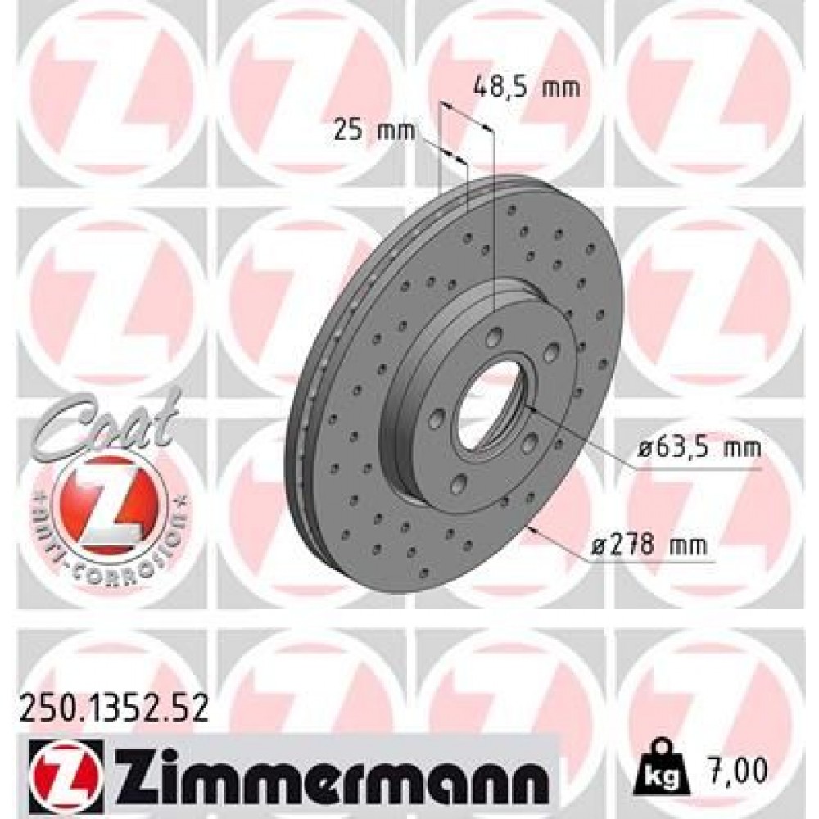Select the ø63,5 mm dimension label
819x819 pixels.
pos(699,449)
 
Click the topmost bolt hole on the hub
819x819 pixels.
pos(496,336)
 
